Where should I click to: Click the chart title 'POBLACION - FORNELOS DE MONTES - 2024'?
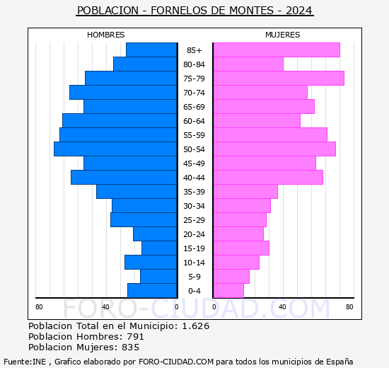point(194,11)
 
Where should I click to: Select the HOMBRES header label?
point(105,35)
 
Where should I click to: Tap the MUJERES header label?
point(282,35)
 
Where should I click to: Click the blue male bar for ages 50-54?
point(115,149)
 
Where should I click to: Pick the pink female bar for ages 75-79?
point(278,79)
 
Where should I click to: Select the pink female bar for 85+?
point(276,50)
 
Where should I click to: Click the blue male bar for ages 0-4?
point(152,291)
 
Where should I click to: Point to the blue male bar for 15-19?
point(159,248)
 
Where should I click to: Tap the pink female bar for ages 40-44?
point(267,178)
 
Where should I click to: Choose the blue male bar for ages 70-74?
point(123,93)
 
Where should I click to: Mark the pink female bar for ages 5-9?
point(231,277)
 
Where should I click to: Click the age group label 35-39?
point(194,192)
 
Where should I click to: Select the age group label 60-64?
point(194,121)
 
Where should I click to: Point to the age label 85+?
point(194,50)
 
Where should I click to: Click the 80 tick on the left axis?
point(39,306)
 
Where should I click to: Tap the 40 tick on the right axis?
point(282,306)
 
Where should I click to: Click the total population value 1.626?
point(195,326)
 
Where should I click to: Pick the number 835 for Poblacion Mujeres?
point(130,347)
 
